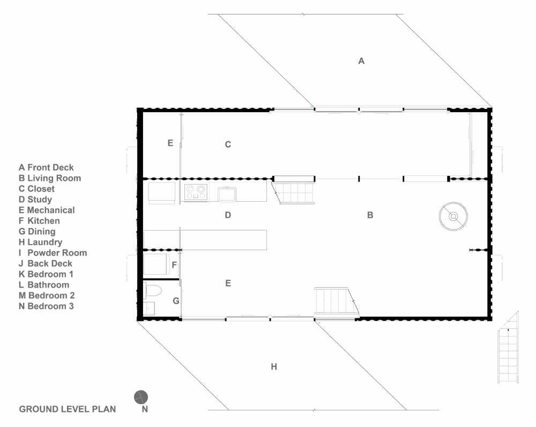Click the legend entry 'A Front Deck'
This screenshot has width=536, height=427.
[x=46, y=167]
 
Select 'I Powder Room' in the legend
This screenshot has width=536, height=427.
[x=53, y=253]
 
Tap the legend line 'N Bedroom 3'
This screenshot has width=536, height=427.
[x=46, y=306]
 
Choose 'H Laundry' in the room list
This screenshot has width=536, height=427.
[x=40, y=242]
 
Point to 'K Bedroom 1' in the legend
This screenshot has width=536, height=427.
[x=46, y=274]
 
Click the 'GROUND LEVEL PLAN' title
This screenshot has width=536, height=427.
[x=68, y=409]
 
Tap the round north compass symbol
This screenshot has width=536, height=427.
[x=141, y=397]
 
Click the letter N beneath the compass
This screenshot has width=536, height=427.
[x=145, y=409]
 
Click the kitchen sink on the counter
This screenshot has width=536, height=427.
[x=227, y=194]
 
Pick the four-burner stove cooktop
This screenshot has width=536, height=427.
[x=196, y=192]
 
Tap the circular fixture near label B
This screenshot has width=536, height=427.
[x=453, y=216]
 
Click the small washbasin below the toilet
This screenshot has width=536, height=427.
[x=149, y=308]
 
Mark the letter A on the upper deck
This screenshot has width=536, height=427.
[x=361, y=61]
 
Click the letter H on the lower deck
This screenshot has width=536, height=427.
[x=274, y=367]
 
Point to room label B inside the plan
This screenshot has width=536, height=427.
[x=370, y=215]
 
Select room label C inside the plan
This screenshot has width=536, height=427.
[x=228, y=145]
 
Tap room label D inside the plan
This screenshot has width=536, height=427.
[x=228, y=215]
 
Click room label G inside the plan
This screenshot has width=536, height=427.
[x=176, y=301]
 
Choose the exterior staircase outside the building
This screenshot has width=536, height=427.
[x=508, y=347]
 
